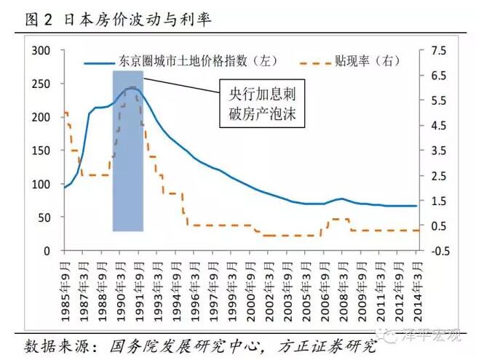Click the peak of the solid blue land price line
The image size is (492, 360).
[x=131, y=88]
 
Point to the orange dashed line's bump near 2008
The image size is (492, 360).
[x=338, y=219]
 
